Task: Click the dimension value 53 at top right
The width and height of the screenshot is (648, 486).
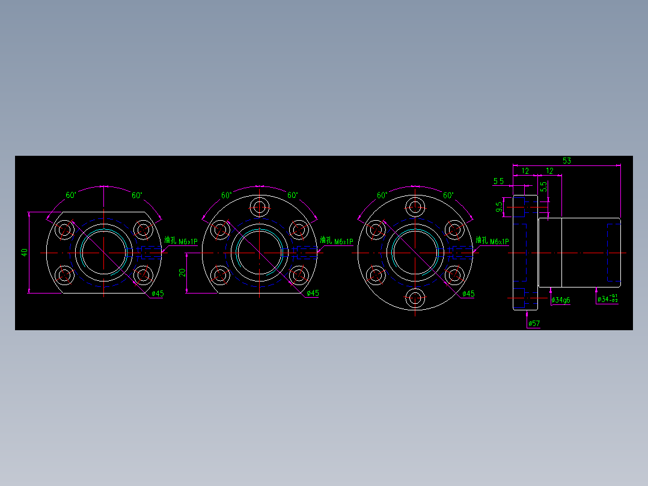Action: coord(566,161)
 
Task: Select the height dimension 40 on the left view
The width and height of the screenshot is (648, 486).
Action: coord(25,253)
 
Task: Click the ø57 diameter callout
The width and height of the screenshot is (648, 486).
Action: coord(534,324)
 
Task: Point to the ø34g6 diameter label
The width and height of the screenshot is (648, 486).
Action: coord(561,300)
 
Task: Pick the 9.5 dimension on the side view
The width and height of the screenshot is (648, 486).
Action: coord(500,207)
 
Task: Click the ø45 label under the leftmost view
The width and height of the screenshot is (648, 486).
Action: coord(157,294)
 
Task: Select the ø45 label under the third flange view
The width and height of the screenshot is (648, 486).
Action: coord(468,294)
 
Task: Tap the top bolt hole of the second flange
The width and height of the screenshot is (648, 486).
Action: coord(260,206)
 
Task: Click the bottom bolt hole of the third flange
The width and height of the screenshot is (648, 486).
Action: coord(415,298)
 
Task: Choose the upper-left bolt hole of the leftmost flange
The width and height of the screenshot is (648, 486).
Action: coord(64,229)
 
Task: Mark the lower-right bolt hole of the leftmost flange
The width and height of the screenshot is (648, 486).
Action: coord(143,275)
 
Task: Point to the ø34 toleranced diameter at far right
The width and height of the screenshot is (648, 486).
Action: coord(608,299)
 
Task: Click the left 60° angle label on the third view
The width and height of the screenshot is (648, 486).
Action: coord(382,195)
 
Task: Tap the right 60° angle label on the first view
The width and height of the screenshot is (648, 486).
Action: coord(136,195)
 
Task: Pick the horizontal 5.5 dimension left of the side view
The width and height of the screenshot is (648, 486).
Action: coord(498,181)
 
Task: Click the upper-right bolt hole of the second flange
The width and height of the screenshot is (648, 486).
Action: coord(299,229)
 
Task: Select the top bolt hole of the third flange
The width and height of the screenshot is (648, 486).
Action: coord(415,207)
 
